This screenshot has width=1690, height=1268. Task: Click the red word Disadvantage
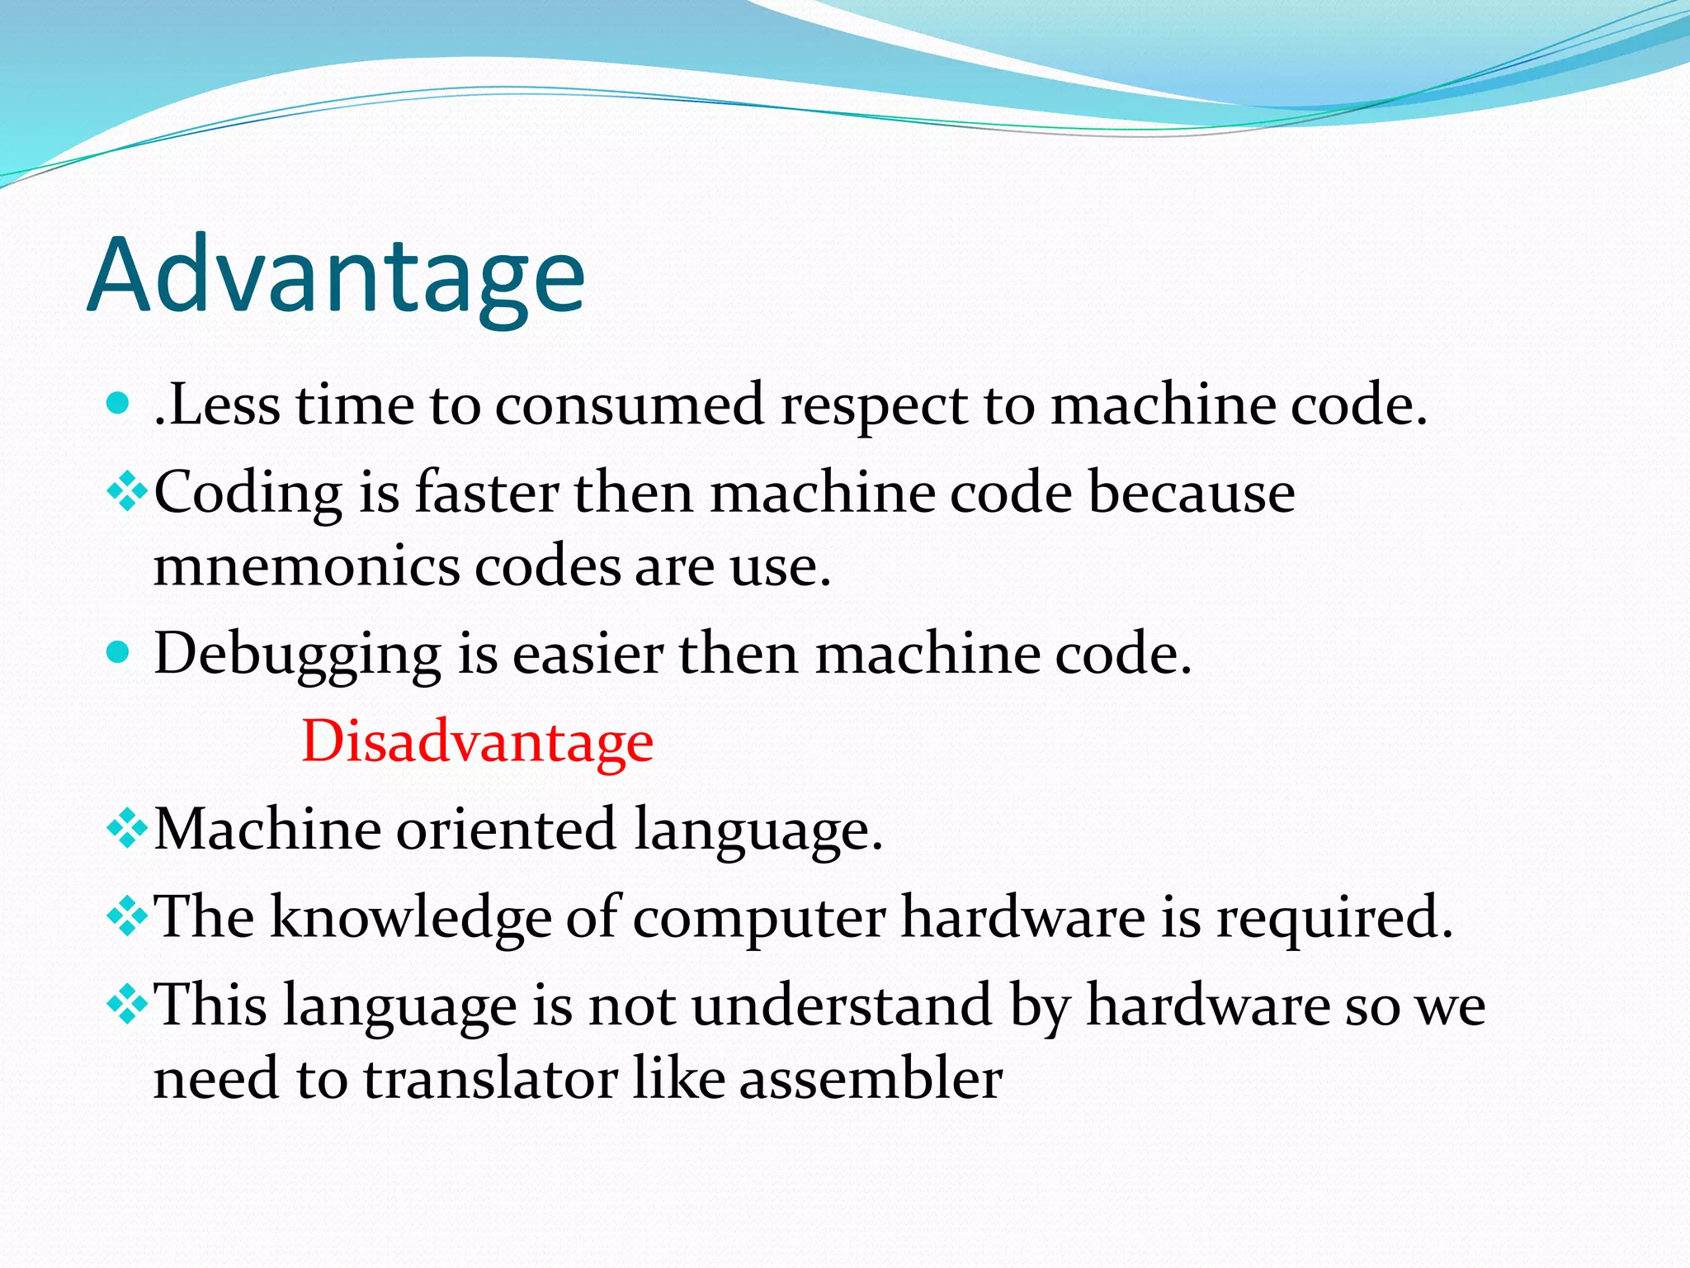click(477, 740)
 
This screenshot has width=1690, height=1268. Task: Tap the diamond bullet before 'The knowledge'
click(127, 918)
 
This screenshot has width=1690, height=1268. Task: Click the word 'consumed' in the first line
click(629, 405)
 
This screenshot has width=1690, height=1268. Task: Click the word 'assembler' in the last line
click(871, 1078)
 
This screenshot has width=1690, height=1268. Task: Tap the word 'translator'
click(490, 1078)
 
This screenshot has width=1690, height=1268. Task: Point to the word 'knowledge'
click(410, 918)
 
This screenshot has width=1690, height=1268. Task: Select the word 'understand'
click(841, 1005)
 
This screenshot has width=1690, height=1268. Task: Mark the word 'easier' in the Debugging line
click(588, 655)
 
